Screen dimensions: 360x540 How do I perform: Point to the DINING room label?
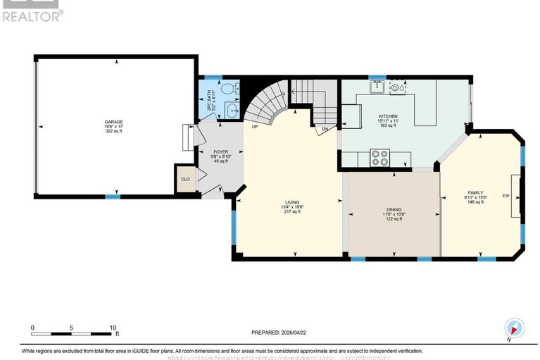pyautogui.click(x=393, y=209)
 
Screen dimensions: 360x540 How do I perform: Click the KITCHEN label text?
pyautogui.click(x=388, y=116)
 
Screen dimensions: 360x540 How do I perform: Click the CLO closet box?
pyautogui.click(x=186, y=179)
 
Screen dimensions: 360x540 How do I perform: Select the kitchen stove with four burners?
pyautogui.click(x=380, y=157)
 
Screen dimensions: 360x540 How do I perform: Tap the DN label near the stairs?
pyautogui.click(x=325, y=130)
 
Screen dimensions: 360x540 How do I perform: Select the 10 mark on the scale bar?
pyautogui.click(x=113, y=328)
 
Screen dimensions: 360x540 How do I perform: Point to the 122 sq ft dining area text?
pyautogui.click(x=393, y=219)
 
